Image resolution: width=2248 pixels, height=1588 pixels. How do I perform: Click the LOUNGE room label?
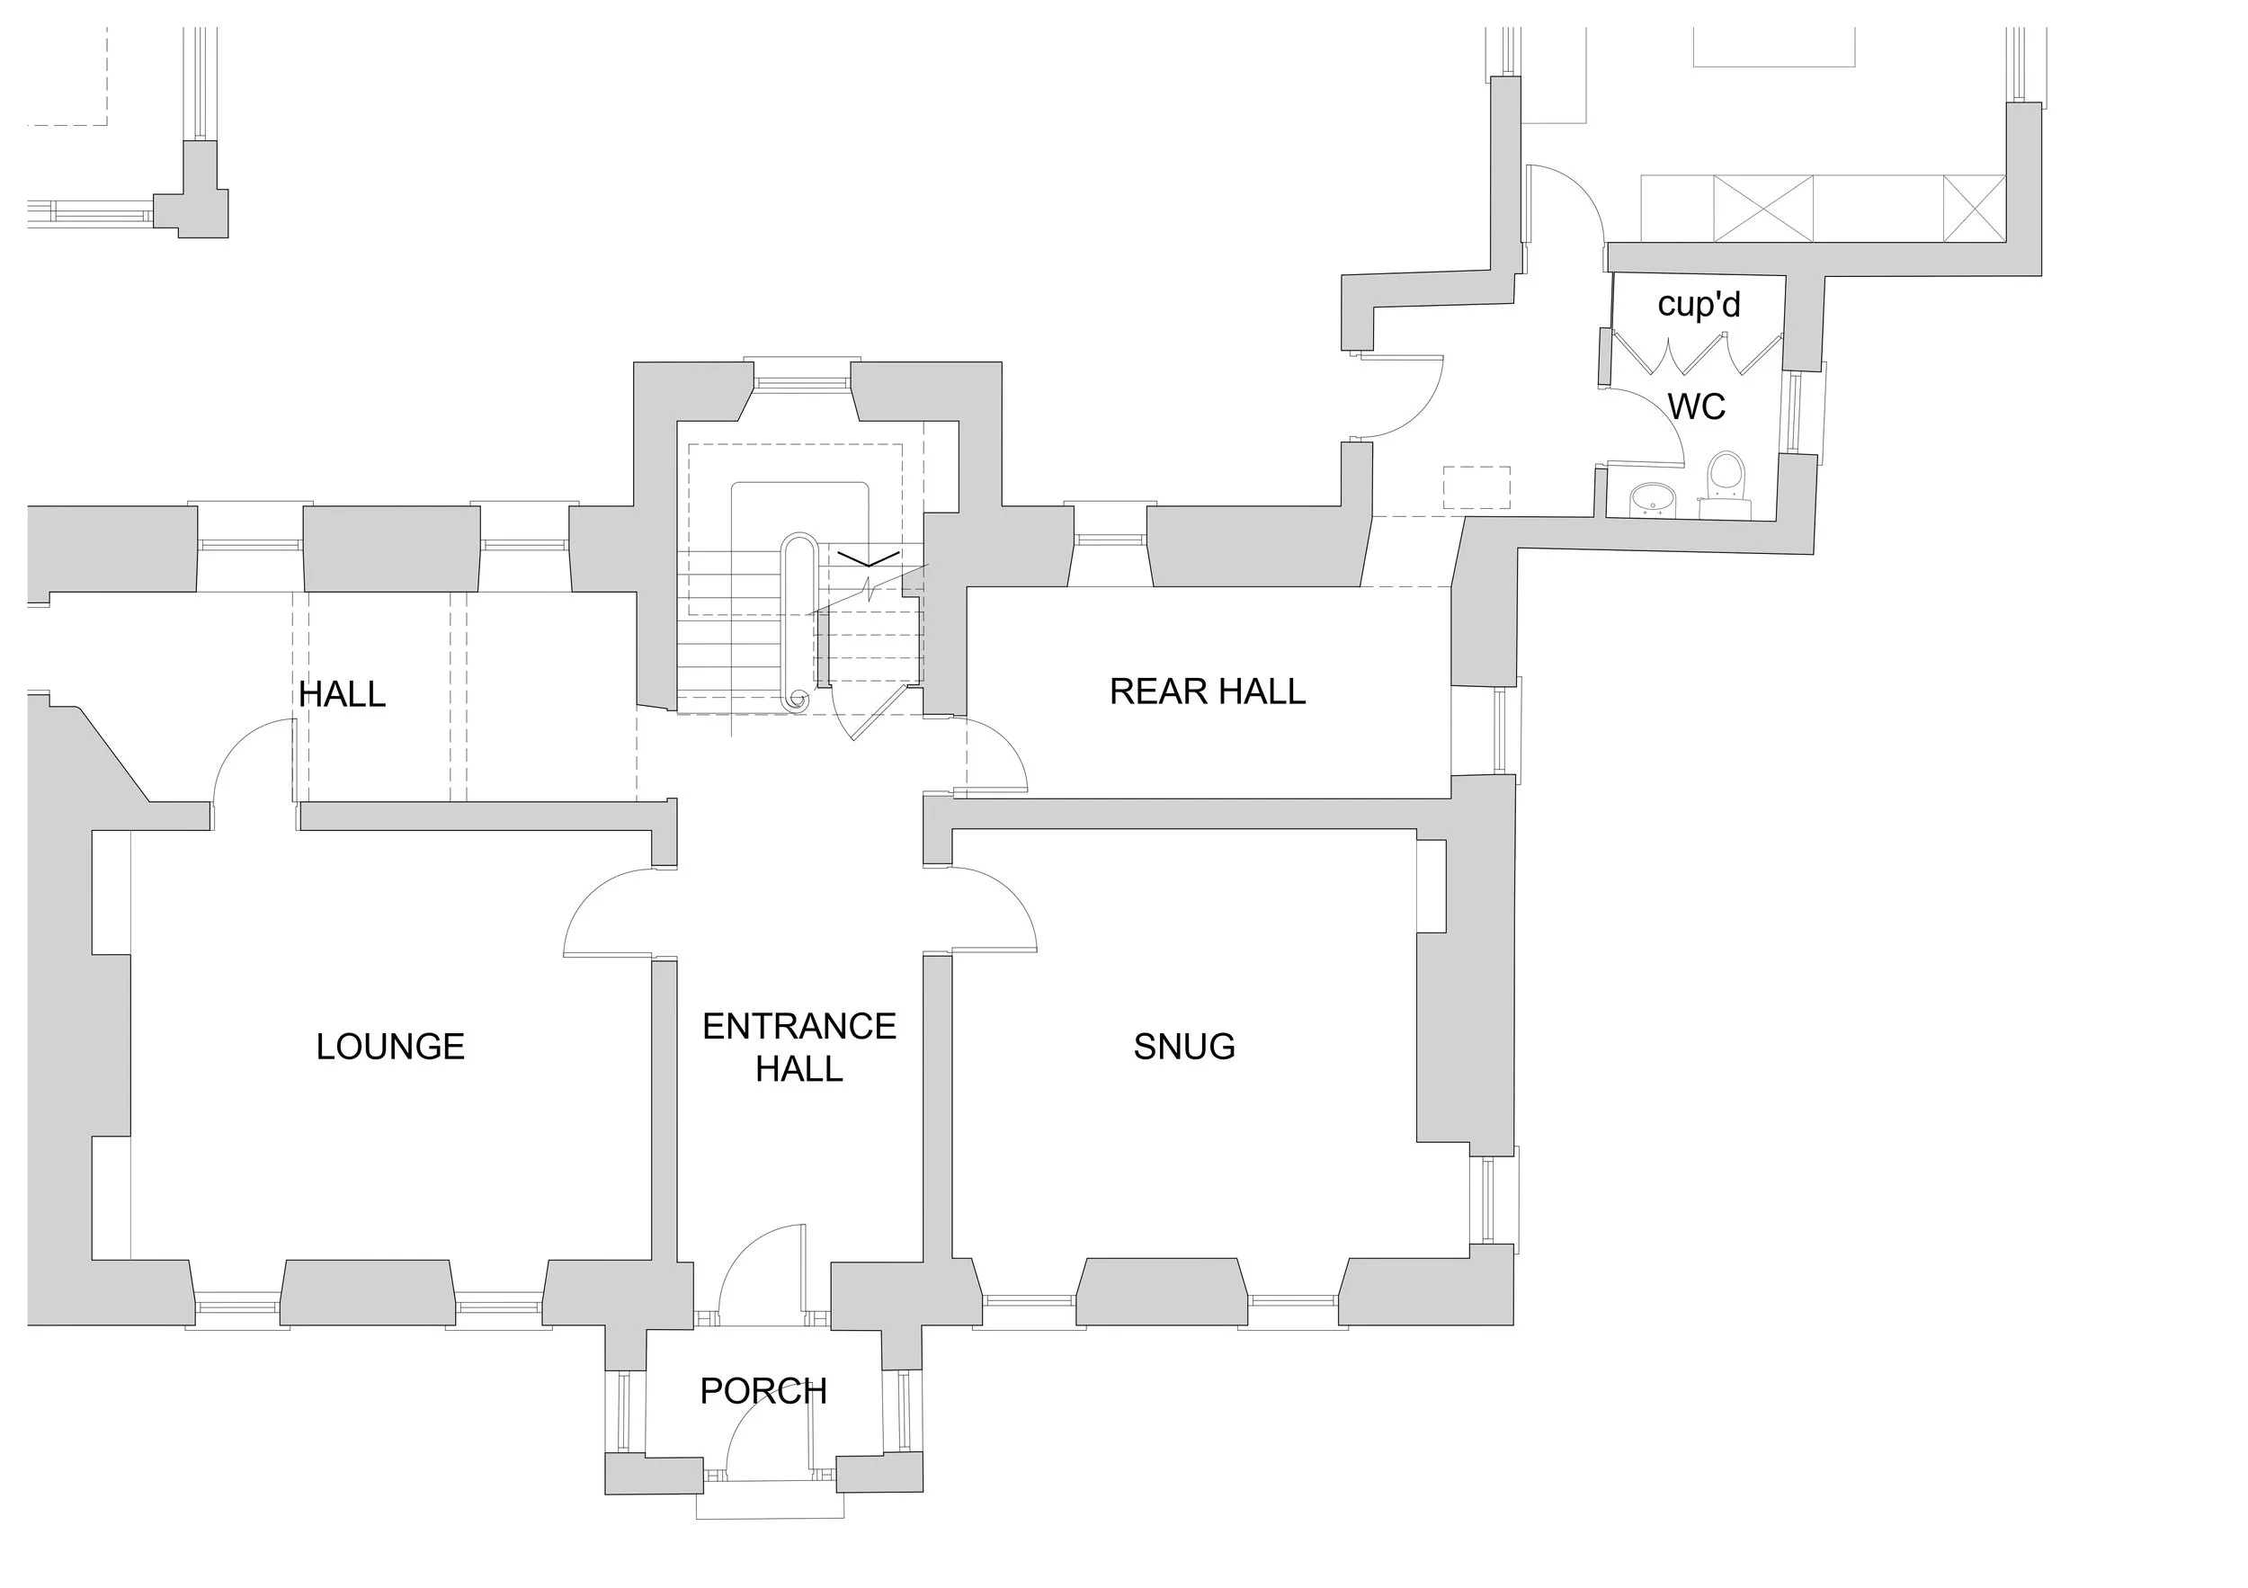point(389,1047)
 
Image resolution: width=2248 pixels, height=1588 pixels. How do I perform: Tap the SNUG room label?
point(1183,1047)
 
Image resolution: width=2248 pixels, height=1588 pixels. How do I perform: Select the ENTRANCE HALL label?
point(799,1047)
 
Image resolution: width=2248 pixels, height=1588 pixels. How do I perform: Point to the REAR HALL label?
point(1208,691)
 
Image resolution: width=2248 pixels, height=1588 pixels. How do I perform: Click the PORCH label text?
point(763,1390)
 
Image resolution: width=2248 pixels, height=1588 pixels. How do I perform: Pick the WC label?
point(1696,406)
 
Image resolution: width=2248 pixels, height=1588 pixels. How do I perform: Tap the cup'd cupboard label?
point(1699,305)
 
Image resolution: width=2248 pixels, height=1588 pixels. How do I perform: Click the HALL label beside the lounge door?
point(342,694)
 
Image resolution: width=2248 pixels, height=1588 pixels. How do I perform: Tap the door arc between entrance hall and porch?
point(759,1263)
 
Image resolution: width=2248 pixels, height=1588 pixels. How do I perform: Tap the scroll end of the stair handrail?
point(797,698)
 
